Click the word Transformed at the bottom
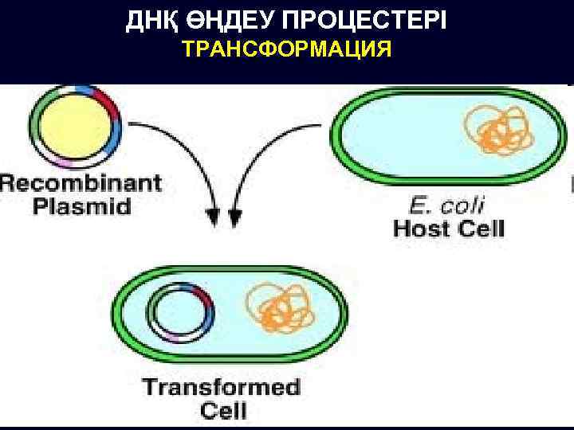222,389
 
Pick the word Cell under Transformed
223,412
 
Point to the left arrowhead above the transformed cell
213,216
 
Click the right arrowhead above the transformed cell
235,216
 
